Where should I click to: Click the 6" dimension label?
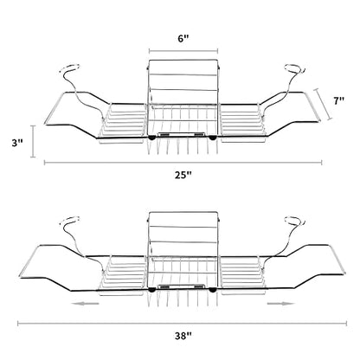(x=183, y=39)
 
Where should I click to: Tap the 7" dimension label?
(x=339, y=100)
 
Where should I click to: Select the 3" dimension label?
(x=17, y=143)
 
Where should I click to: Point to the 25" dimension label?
(x=183, y=175)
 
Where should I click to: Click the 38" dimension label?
(x=183, y=336)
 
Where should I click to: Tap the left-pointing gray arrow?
(x=86, y=303)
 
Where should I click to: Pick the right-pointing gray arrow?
(x=280, y=303)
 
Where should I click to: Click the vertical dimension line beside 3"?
(x=33, y=141)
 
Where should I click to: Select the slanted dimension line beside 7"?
(x=324, y=104)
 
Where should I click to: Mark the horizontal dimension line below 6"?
(x=183, y=51)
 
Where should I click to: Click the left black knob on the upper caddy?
(x=151, y=138)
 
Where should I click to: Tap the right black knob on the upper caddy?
(x=213, y=138)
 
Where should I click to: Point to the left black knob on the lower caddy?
(x=151, y=290)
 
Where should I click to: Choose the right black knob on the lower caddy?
(x=213, y=290)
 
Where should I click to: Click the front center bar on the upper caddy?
(x=182, y=135)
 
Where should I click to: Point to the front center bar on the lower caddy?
(x=182, y=286)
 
